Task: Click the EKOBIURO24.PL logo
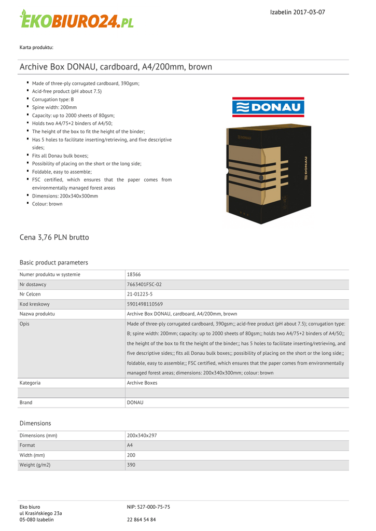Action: [x=77, y=19]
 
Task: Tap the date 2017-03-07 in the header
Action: [x=309, y=12]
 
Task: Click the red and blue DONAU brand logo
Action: [x=268, y=107]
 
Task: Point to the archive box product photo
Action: [x=268, y=174]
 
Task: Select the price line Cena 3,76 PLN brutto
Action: [x=54, y=237]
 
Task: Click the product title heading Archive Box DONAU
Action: [x=116, y=67]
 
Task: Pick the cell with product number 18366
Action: [x=134, y=274]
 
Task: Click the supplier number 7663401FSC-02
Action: [x=144, y=284]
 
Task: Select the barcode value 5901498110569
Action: [x=145, y=304]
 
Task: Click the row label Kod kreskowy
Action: [x=35, y=304]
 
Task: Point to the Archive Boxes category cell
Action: [x=142, y=383]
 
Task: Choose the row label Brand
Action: [x=26, y=402]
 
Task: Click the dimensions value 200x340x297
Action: [x=142, y=436]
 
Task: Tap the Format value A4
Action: [x=130, y=445]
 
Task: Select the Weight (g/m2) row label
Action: [x=35, y=465]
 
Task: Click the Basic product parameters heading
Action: [x=54, y=262]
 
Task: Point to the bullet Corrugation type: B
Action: [x=53, y=99]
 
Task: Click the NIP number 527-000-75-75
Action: [x=148, y=507]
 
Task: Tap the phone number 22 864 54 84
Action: [x=142, y=519]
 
